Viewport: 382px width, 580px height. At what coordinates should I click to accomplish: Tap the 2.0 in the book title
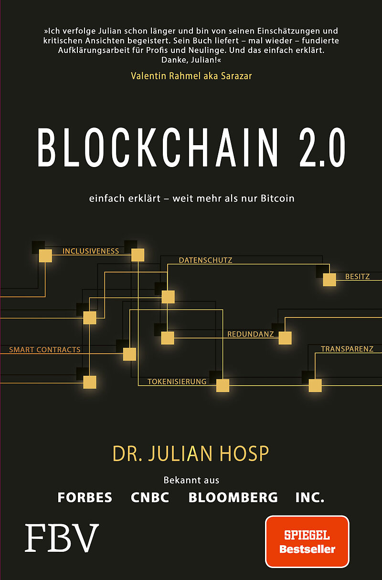coord(322,148)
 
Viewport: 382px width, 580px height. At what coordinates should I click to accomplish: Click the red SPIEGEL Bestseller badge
coord(307,542)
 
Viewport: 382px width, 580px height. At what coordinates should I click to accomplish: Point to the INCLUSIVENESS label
coord(91,251)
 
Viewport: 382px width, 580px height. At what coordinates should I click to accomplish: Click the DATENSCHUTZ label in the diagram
coord(205,260)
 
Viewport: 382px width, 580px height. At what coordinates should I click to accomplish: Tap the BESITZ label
coord(357,276)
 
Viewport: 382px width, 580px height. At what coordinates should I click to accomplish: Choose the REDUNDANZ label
coord(250,334)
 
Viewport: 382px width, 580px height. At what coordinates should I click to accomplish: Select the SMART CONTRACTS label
coord(45,350)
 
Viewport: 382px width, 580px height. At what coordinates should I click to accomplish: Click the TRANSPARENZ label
coord(347,349)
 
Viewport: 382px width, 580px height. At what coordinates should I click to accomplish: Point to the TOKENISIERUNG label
coord(177,382)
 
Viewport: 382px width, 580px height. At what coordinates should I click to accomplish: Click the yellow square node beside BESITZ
coord(329,280)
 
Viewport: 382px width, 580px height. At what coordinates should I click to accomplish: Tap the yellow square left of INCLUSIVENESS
coord(45,256)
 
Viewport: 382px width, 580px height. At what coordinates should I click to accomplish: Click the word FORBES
coord(85,497)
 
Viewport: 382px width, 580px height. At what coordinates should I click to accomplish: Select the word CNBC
coord(150,497)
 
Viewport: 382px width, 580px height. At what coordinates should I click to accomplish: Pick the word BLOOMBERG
coord(233,497)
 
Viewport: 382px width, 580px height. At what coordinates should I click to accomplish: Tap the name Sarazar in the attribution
coord(236,76)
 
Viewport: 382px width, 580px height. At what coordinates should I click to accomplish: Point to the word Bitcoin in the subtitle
coord(277,198)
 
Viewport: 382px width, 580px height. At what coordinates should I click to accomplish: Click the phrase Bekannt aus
coord(191,481)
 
